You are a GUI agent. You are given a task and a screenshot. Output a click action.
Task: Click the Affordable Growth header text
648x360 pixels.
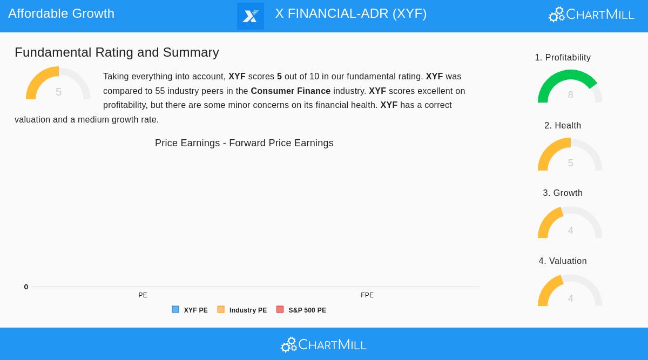(61, 13)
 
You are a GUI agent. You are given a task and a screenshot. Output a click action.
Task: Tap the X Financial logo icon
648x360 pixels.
(251, 16)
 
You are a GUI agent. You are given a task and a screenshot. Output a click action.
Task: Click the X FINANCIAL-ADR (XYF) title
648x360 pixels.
(350, 13)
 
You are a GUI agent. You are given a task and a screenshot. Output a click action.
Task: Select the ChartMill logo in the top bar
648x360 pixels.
(591, 15)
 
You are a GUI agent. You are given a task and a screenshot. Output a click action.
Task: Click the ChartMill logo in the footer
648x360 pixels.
(323, 344)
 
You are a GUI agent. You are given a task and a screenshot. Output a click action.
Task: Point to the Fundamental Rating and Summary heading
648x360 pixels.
(117, 52)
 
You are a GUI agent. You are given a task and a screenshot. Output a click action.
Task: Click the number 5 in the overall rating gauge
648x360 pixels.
(58, 92)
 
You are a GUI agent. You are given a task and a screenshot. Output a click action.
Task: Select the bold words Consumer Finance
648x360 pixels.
(291, 91)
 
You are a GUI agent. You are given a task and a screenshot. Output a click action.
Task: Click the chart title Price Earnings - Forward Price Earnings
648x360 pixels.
(244, 143)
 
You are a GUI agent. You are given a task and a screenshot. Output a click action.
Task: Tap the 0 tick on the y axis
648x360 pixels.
(26, 287)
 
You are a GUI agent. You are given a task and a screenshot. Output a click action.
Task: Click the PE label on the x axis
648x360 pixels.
(143, 295)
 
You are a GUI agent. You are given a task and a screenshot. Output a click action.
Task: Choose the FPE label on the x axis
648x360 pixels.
(367, 295)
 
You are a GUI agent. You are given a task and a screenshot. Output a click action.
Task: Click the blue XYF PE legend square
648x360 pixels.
(175, 309)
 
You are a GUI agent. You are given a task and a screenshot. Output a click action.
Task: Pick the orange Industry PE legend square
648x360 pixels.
(221, 309)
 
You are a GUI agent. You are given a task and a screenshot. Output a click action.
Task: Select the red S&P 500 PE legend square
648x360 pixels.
(280, 309)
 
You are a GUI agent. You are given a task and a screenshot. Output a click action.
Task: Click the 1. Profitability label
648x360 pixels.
(563, 58)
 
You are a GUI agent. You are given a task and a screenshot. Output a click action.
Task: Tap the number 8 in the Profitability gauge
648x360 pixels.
(570, 96)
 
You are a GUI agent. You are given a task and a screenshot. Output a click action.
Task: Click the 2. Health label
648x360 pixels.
(563, 126)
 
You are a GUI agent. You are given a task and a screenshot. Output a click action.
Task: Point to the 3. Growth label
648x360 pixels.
(563, 193)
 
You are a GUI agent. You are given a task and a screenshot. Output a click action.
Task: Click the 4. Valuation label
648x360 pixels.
(563, 261)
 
